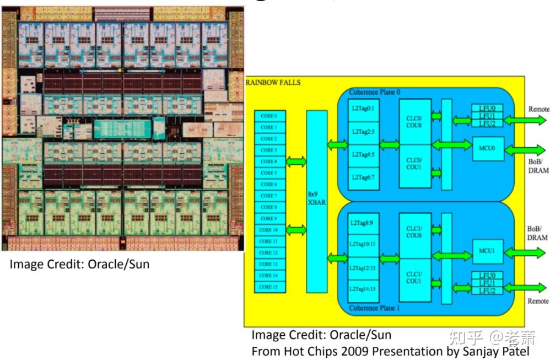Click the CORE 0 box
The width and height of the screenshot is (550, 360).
(269, 116)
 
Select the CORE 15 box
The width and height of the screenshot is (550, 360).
(269, 287)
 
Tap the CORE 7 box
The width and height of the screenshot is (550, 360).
(269, 196)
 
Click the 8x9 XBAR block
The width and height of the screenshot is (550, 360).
(316, 201)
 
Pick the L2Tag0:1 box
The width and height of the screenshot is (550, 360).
(362, 109)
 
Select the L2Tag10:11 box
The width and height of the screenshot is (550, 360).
(362, 244)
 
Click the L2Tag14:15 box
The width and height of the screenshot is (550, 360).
(362, 288)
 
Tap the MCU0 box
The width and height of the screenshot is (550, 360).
(487, 148)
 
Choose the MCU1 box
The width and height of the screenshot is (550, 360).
(487, 251)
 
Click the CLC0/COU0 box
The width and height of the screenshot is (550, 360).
(415, 122)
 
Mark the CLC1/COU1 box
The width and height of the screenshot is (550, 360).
(415, 277)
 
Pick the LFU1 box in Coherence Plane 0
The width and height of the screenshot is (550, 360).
(487, 116)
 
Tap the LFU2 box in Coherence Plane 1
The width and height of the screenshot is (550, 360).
(487, 290)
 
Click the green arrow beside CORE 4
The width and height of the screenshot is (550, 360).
(296, 162)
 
